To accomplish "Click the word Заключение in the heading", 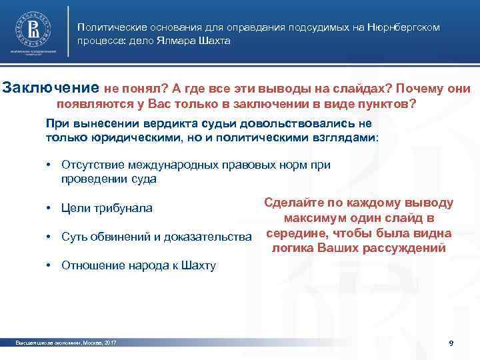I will [x=52, y=88].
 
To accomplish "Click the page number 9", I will [x=451, y=343].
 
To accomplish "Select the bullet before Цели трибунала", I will [x=49, y=209].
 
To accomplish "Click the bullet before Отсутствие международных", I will [x=49, y=165].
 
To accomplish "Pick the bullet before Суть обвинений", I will [x=49, y=237].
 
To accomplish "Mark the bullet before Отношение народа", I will [x=49, y=265].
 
